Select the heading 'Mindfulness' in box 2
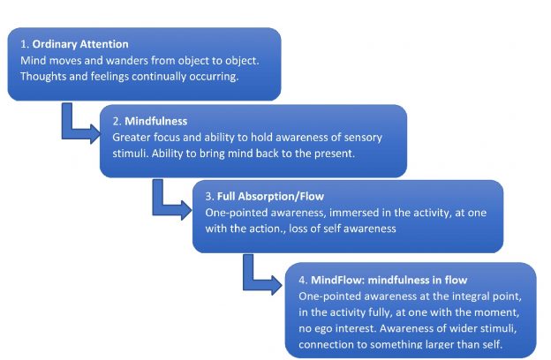(x=157, y=122)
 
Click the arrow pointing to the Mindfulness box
(x=84, y=123)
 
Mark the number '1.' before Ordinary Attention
(x=24, y=45)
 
